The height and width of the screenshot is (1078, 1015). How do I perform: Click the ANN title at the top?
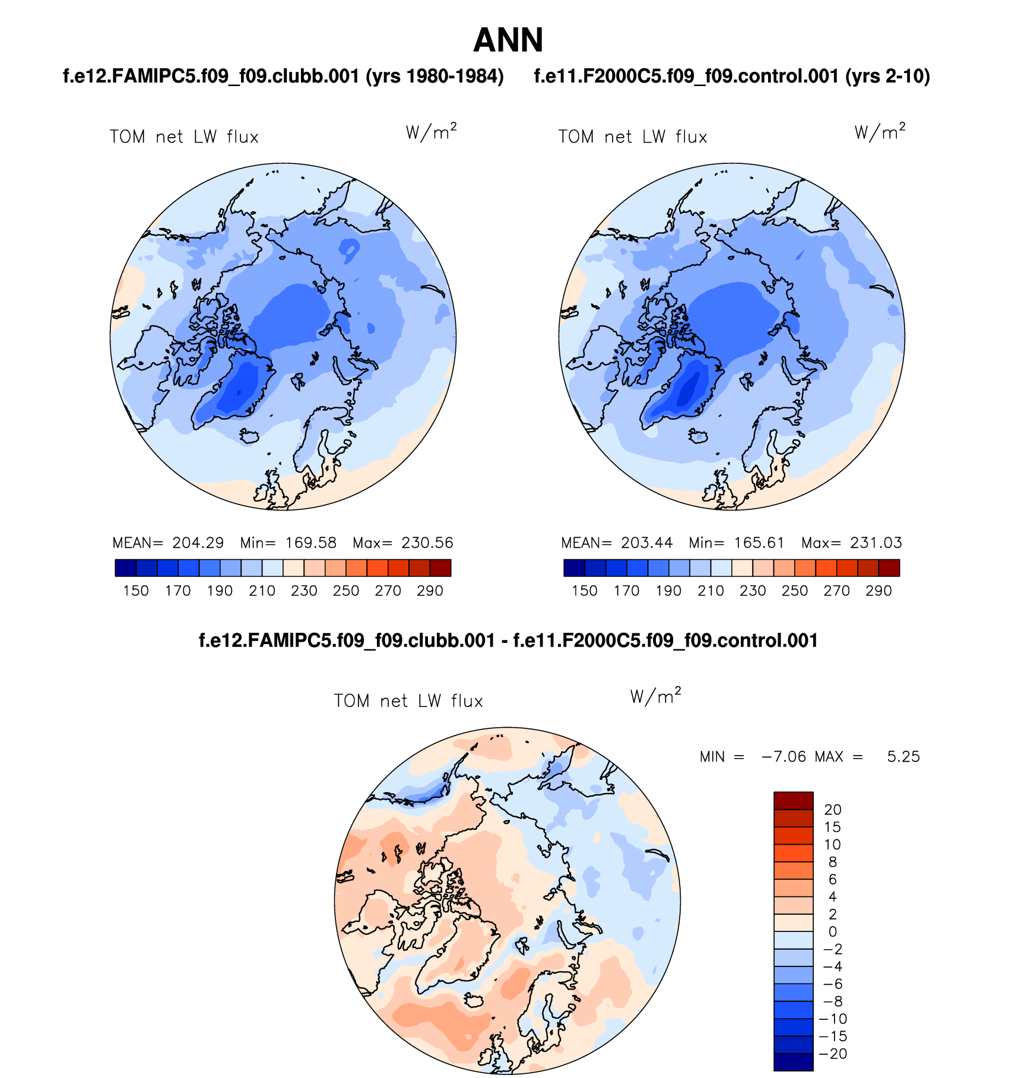(x=508, y=40)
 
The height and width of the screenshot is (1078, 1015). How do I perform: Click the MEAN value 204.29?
(x=198, y=543)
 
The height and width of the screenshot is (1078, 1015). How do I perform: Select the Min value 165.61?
(x=759, y=543)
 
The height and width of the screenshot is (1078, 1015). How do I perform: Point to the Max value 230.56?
(x=427, y=543)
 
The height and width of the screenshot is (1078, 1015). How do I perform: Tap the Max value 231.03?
(x=876, y=543)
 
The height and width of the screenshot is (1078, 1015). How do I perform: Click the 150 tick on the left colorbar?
(x=136, y=591)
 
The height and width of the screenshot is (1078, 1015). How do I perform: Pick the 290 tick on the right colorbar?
(x=878, y=591)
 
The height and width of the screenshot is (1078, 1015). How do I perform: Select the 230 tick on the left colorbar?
(x=304, y=591)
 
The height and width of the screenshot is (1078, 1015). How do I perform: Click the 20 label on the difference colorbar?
(x=833, y=810)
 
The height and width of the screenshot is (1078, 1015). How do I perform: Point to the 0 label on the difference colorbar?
(x=833, y=932)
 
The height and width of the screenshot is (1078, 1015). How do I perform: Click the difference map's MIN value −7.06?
(x=784, y=757)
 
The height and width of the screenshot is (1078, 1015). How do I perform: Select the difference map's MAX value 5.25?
(x=903, y=757)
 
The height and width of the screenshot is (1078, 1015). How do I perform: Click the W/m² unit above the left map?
(x=432, y=132)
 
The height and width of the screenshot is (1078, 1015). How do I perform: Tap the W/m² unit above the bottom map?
(x=655, y=696)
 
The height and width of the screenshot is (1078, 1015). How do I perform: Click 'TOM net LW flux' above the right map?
(x=633, y=137)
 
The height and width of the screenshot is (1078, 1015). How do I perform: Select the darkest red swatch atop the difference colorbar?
(x=793, y=800)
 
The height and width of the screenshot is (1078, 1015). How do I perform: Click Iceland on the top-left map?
(x=250, y=436)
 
